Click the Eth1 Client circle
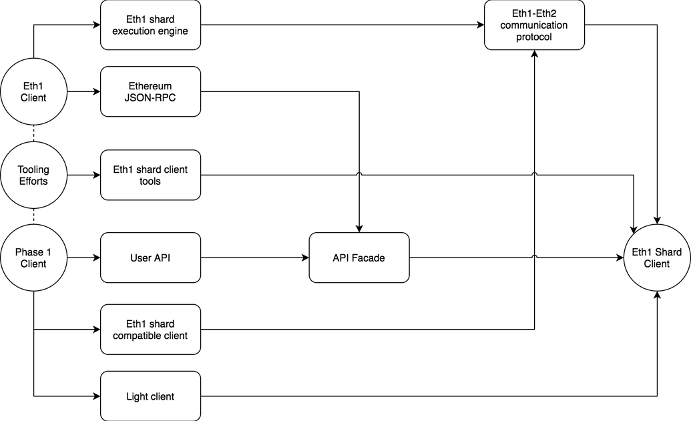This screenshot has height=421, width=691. (x=33, y=91)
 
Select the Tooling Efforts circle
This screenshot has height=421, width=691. (x=33, y=175)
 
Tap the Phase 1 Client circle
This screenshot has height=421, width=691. (x=33, y=258)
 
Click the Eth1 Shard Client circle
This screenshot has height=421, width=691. (x=656, y=258)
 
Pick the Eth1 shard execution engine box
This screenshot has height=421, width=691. (x=150, y=25)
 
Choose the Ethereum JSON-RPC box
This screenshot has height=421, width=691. (x=150, y=91)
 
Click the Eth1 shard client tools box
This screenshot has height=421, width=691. (x=150, y=175)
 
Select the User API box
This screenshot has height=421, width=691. (x=150, y=258)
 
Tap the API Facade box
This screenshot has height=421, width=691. (x=359, y=258)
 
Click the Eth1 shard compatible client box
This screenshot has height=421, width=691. (x=150, y=329)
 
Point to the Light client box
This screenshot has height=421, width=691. (x=150, y=396)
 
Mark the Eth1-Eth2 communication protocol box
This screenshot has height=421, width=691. (x=534, y=25)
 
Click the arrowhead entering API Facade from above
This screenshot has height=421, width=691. (x=359, y=228)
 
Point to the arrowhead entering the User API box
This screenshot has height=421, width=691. (x=95, y=258)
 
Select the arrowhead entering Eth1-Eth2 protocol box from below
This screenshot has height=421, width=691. (x=534, y=55)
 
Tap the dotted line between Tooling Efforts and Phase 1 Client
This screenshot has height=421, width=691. (x=33, y=217)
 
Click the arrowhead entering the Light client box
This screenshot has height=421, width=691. (x=95, y=396)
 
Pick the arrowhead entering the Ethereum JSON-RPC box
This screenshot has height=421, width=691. (x=95, y=91)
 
